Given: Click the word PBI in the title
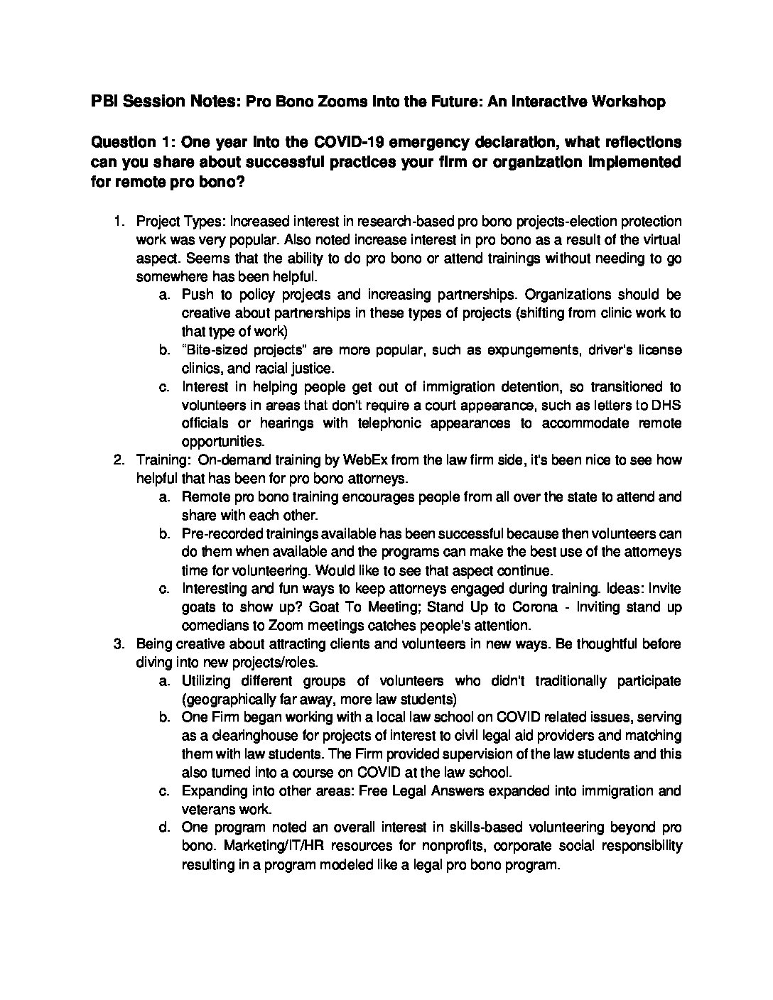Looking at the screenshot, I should pyautogui.click(x=104, y=102).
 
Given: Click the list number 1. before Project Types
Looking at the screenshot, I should pyautogui.click(x=120, y=222).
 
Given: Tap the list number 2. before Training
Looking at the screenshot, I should pyautogui.click(x=120, y=460).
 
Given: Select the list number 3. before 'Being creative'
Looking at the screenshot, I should pyautogui.click(x=120, y=644).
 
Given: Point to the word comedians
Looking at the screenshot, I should pyautogui.click(x=216, y=626).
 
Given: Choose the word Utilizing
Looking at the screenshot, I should pyautogui.click(x=207, y=681).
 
